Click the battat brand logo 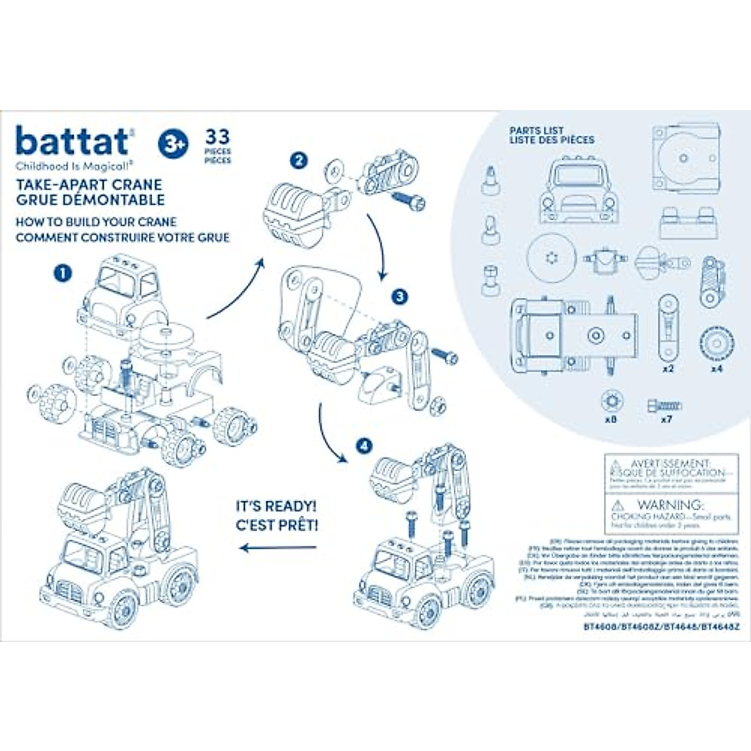pos(74,141)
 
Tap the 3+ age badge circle pos(172,144)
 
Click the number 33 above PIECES pos(218,136)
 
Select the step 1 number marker pos(63,273)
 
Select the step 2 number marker pos(299,161)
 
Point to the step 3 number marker pos(400,297)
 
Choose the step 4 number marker pos(364,446)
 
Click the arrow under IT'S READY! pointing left pos(278,548)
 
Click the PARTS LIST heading pos(536,131)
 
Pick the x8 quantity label pos(610,419)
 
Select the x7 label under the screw pos(666,419)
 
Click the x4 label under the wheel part pos(717,369)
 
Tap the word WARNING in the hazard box pos(669,504)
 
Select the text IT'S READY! pos(276,506)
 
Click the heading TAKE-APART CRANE pos(89,185)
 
